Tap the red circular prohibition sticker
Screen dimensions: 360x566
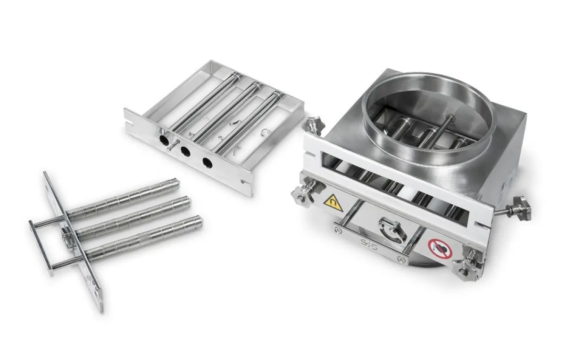(x=440, y=248)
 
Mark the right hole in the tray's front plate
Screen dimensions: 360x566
(x=207, y=163)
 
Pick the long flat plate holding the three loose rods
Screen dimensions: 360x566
(x=75, y=241)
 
